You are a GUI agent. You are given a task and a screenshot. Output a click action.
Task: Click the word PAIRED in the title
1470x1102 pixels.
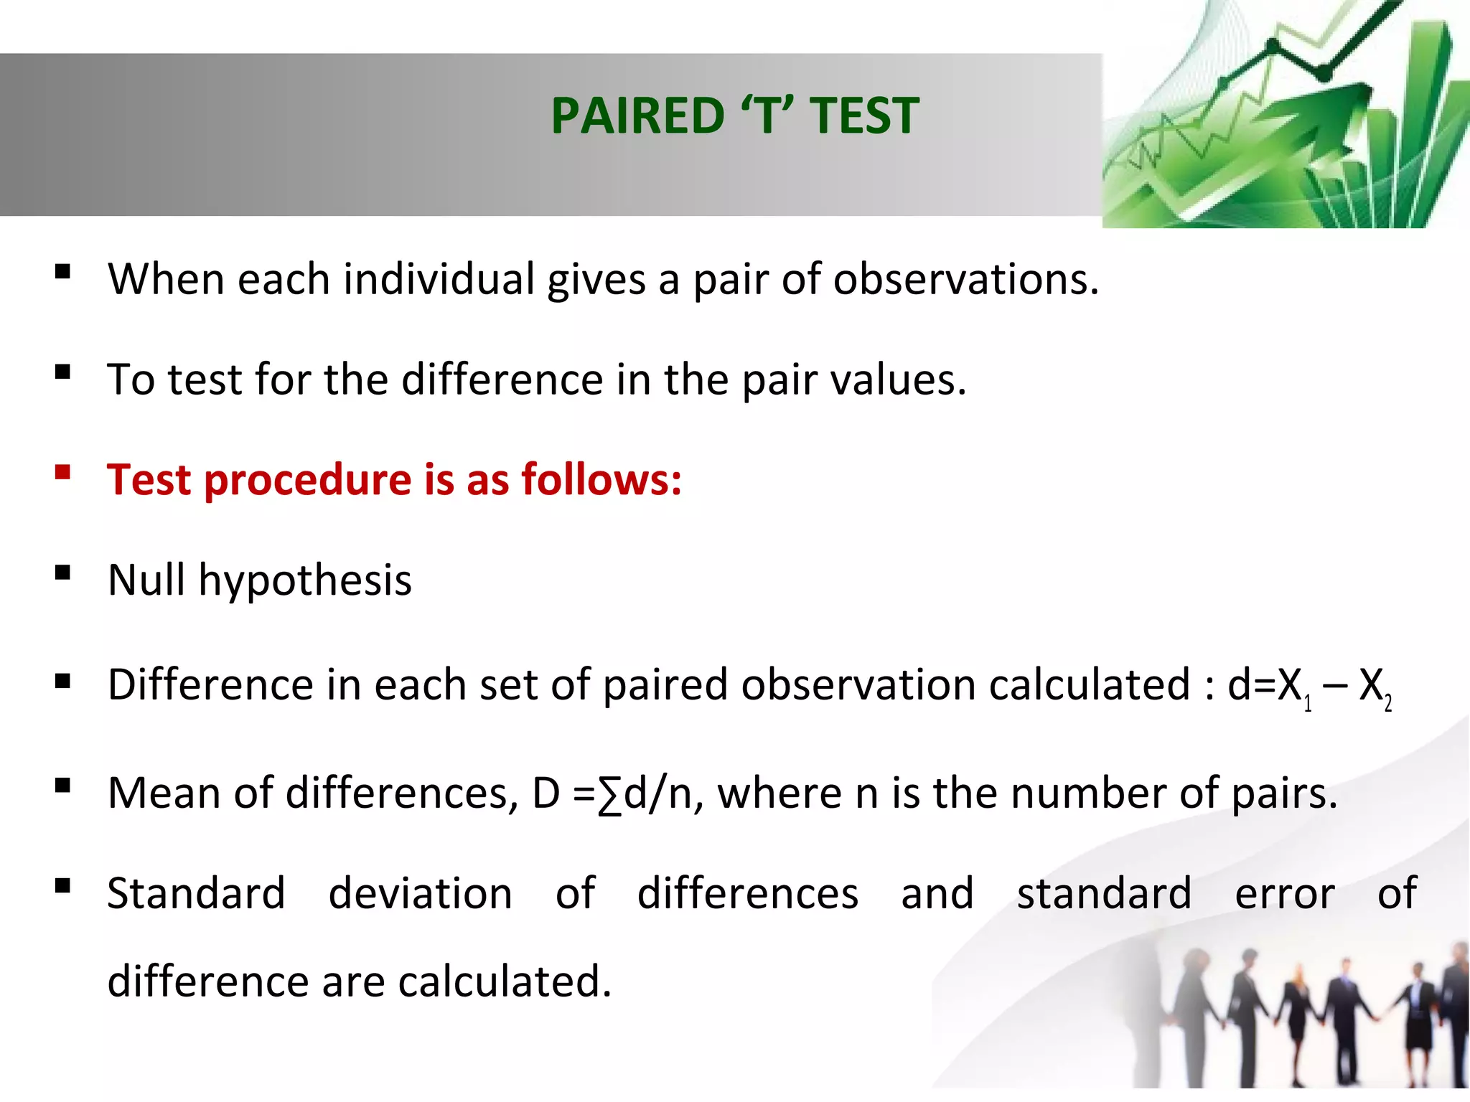(638, 116)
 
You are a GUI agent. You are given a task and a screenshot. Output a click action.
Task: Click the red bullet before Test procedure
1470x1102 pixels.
(62, 472)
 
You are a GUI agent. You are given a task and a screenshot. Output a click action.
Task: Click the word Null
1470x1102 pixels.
(146, 580)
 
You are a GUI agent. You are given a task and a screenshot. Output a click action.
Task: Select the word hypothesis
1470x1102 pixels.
(305, 581)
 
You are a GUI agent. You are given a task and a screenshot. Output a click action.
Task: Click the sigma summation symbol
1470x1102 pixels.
(609, 795)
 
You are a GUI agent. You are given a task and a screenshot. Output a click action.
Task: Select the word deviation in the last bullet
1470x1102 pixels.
(420, 894)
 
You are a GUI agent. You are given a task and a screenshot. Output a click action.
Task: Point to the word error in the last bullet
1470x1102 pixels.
(1284, 895)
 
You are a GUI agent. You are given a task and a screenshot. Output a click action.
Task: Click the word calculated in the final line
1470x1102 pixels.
(504, 981)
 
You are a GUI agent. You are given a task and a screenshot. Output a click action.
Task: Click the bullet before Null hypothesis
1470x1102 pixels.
(62, 573)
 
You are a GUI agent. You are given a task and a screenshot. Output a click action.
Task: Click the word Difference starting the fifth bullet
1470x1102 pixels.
(210, 684)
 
